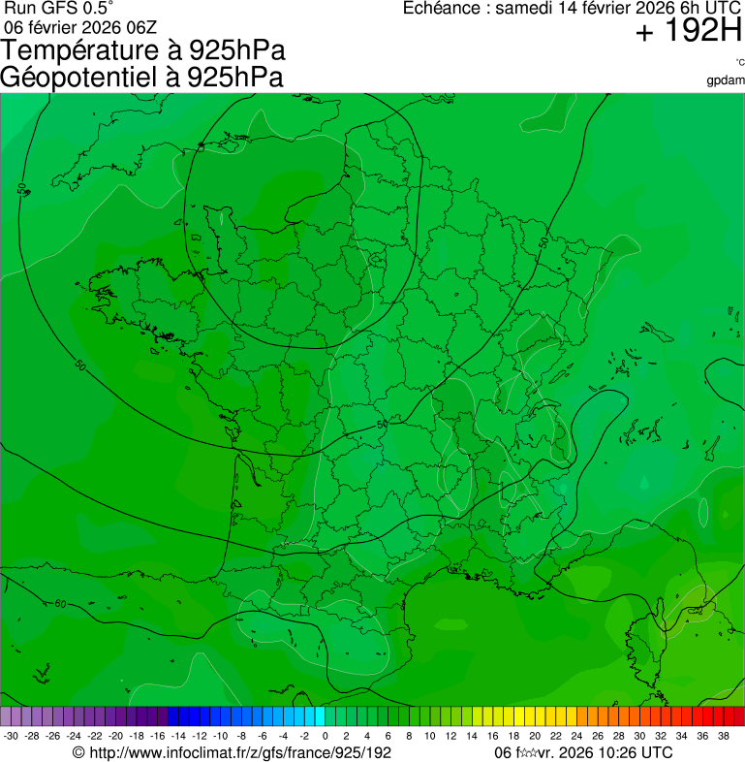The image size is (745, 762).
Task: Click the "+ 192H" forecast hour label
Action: (689, 33)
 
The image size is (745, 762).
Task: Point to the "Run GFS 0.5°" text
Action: (59, 9)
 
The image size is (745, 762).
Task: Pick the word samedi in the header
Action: (523, 9)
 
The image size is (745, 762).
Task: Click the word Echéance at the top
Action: (443, 9)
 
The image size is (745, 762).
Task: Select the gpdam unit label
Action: (727, 79)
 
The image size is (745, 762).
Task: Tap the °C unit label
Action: (739, 63)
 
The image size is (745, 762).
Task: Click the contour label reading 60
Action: (61, 604)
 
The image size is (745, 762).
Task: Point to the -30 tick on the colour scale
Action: (11, 736)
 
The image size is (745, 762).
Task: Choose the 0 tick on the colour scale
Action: (325, 736)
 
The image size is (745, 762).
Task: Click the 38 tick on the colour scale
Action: (723, 736)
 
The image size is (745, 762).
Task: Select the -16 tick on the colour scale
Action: (157, 736)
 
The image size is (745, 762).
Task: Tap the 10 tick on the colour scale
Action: (429, 736)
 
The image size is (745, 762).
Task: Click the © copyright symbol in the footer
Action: (79, 752)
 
